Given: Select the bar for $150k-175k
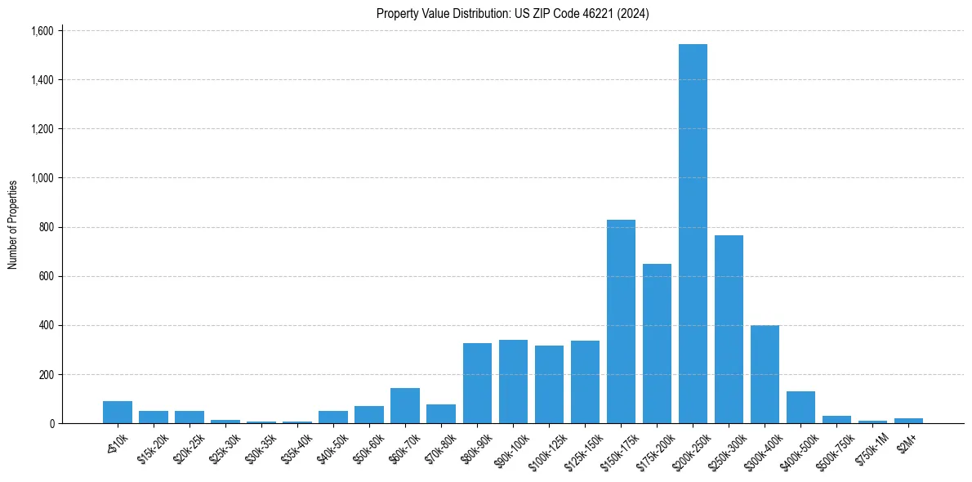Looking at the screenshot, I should coord(621,322).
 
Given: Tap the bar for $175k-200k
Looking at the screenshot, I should coord(657,344).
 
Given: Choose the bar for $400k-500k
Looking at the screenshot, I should coord(800,408).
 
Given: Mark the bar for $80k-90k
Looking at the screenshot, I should coord(477,383).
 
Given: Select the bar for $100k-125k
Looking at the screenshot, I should coord(549,385).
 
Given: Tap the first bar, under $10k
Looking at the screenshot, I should coord(118,413).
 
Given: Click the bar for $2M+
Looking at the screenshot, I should coord(908,421).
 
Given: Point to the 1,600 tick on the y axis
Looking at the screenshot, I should coord(42,31).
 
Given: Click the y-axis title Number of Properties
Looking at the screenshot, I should coord(13,225).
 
